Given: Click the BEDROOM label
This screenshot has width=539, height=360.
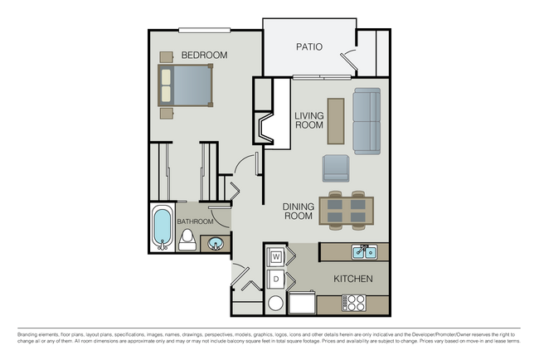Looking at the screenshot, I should [x=204, y=55].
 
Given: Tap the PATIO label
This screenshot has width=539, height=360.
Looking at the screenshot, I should [x=309, y=47].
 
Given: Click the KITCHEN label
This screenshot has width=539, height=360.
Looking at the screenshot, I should [x=352, y=279].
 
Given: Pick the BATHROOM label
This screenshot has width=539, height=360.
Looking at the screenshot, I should [x=196, y=221].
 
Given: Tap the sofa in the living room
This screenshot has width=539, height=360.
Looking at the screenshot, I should [x=366, y=121].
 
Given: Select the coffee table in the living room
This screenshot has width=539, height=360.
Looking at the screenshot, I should [x=335, y=121].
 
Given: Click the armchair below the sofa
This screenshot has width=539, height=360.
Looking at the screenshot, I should [x=336, y=168].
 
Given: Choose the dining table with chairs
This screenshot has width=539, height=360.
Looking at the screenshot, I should [x=346, y=210].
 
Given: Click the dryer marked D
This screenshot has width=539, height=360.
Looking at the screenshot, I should [x=276, y=279].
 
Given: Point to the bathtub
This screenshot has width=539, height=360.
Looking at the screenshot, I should [x=163, y=226].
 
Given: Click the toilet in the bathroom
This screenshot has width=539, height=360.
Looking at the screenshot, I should [x=187, y=241].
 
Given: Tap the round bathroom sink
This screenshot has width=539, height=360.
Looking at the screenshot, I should [x=215, y=244].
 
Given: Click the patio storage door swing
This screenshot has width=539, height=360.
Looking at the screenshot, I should [x=348, y=59].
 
